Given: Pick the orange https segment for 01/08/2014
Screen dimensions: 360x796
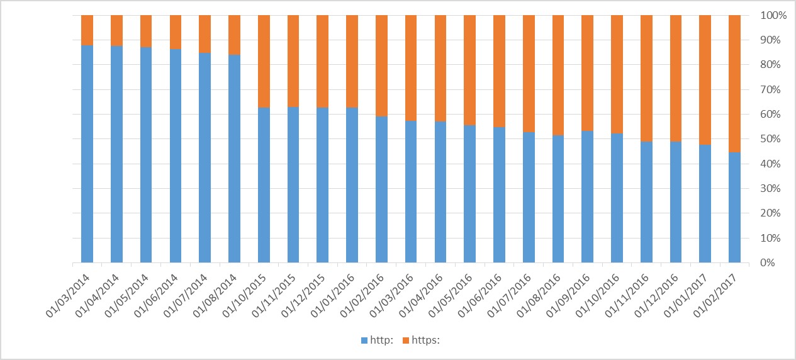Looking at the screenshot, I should pyautogui.click(x=234, y=35).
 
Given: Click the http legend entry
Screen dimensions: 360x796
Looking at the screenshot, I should pyautogui.click(x=377, y=340).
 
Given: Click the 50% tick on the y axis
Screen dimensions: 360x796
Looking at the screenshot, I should pyautogui.click(x=771, y=139).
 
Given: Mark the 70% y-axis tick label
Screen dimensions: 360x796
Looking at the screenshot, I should pyautogui.click(x=771, y=89).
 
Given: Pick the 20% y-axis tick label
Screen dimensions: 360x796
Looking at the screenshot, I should pyautogui.click(x=771, y=213).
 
